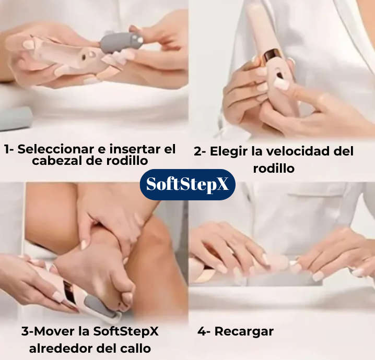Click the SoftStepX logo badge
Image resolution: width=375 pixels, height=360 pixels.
187,184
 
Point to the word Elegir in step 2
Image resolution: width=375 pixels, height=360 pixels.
229,152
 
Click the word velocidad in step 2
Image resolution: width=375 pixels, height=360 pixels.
292,151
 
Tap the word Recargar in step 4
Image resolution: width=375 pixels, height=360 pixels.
244,332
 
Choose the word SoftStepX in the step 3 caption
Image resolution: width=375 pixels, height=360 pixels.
125,332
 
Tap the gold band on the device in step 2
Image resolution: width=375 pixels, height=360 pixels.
271,57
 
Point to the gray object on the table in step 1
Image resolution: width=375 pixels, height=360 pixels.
15,119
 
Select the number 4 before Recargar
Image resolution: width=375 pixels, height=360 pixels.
201,332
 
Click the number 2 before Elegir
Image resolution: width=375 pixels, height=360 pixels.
197,152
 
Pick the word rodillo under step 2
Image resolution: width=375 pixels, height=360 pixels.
274,169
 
